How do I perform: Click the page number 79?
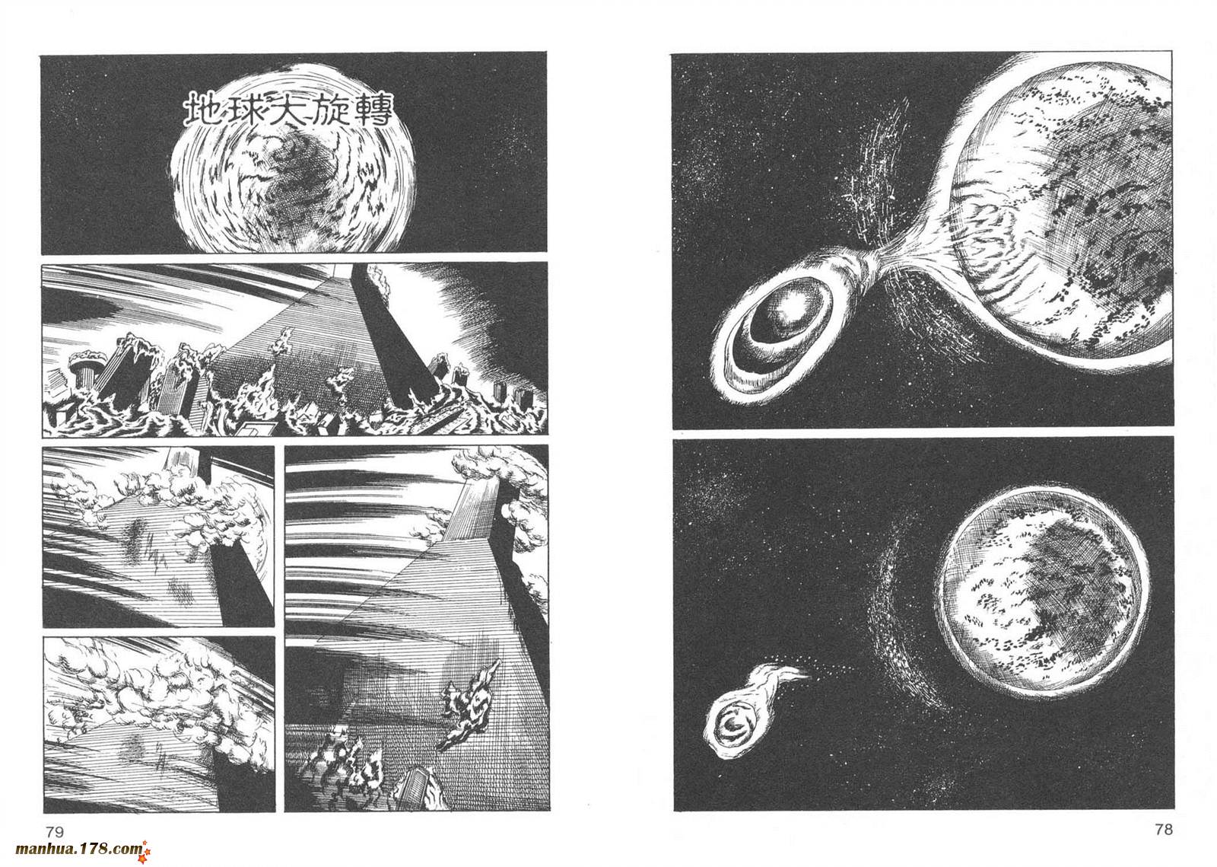pyautogui.click(x=54, y=832)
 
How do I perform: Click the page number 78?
pyautogui.click(x=1164, y=830)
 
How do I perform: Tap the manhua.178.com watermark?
pyautogui.click(x=79, y=849)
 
